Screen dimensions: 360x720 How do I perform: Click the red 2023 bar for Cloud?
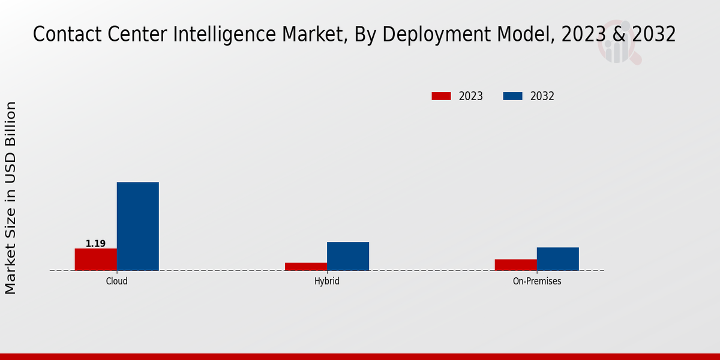[x=96, y=259]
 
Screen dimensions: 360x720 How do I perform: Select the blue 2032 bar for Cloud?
[x=138, y=226]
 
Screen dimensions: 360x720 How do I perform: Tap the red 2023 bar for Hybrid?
[x=306, y=266]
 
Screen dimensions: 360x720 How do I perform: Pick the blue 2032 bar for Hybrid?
[x=348, y=256]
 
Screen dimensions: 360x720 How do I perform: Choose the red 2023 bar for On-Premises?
[x=516, y=265]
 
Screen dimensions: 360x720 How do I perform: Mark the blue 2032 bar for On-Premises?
[x=558, y=259]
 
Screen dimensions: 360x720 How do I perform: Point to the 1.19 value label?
[x=95, y=244]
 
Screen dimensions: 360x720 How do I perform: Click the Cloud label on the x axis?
[x=117, y=281]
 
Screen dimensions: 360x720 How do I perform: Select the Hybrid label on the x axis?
[x=327, y=281]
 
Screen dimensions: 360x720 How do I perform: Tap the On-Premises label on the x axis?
[x=537, y=281]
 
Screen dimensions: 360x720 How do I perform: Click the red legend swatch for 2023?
[x=441, y=96]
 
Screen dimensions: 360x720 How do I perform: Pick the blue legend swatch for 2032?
[x=512, y=96]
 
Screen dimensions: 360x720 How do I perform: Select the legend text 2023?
[x=471, y=96]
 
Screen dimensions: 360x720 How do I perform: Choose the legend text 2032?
[x=542, y=96]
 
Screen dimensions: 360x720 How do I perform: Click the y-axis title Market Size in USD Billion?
[x=11, y=198]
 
